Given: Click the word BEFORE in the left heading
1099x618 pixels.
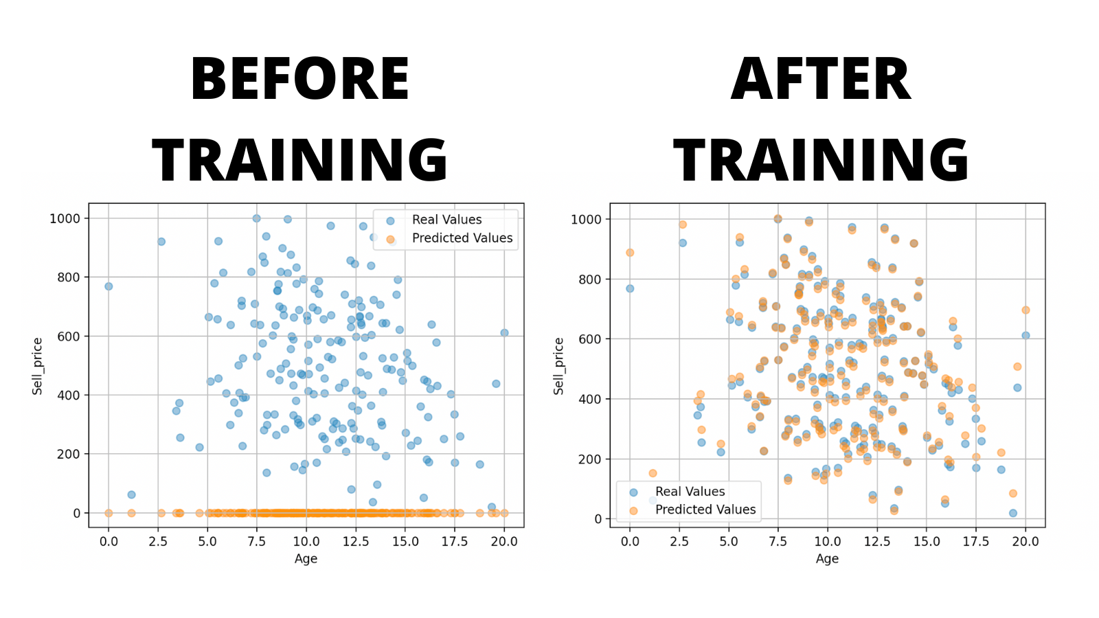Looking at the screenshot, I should (300, 79).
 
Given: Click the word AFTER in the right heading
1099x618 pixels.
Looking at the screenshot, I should (821, 79).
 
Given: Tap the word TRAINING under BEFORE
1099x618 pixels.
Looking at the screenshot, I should (300, 160).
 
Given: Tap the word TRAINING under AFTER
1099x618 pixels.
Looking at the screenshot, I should (821, 160).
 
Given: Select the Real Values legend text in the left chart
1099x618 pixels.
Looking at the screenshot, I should (446, 220).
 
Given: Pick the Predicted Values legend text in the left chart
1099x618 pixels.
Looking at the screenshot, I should (462, 238).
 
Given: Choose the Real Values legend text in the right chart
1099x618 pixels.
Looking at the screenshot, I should (690, 492).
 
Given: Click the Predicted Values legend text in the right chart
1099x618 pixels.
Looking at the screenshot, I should (705, 510).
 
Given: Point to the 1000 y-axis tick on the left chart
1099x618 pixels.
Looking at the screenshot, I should (65, 218).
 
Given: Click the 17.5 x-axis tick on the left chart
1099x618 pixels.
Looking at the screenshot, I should (455, 541).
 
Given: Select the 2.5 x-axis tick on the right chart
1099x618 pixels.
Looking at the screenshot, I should (679, 541).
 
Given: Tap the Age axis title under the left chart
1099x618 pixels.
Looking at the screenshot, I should (306, 559).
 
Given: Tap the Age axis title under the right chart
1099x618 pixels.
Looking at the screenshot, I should (827, 559).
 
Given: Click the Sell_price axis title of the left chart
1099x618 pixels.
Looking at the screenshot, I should (37, 366).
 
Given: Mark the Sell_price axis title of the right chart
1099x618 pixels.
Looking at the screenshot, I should (558, 366).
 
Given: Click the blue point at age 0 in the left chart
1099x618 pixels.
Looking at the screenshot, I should (109, 286).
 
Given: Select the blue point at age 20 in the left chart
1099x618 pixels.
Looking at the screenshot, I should (504, 333).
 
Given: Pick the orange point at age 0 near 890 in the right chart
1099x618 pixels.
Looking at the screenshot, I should (630, 253).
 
